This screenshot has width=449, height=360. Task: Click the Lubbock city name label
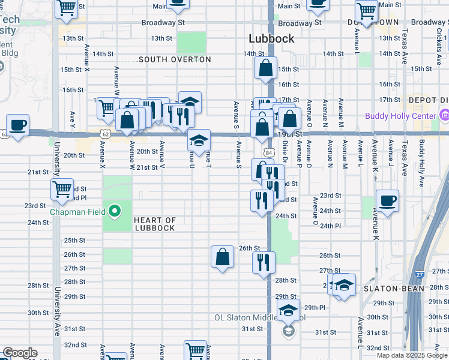272,38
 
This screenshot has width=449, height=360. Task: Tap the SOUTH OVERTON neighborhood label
175,59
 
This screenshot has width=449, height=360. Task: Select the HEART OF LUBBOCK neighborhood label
155,224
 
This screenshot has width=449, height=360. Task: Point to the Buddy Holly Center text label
401,115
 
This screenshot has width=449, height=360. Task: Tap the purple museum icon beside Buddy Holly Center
445,115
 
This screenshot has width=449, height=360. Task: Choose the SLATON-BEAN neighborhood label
394,289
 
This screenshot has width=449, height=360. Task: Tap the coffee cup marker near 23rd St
387,200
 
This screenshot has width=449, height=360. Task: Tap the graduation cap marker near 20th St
199,140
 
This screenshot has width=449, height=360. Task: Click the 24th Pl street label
330,226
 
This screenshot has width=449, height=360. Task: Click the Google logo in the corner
20,353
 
